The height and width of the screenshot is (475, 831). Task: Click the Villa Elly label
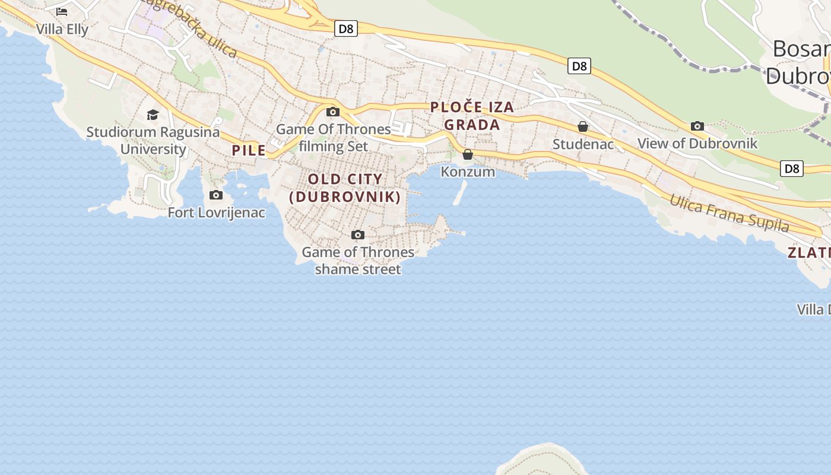click(62, 29)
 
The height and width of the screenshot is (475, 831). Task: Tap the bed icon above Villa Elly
click(62, 11)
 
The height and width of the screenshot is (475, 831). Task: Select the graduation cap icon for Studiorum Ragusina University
click(153, 115)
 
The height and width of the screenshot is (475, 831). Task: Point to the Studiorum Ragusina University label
click(153, 140)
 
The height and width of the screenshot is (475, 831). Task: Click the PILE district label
click(249, 150)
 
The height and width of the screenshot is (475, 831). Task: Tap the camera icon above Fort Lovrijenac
click(216, 195)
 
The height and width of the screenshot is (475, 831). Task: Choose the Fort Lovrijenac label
click(216, 213)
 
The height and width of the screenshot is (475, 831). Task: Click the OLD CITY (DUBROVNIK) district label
click(345, 188)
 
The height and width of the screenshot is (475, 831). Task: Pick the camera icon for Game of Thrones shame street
click(357, 235)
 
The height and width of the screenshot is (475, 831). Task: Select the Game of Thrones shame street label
click(358, 261)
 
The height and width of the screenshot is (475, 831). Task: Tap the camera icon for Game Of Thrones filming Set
click(333, 112)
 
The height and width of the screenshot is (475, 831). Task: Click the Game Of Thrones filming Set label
click(334, 137)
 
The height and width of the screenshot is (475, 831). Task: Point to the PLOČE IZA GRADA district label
click(472, 116)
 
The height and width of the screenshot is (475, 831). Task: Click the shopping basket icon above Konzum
click(468, 154)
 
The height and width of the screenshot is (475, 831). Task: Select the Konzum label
click(468, 172)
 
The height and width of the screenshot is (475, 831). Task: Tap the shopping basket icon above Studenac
click(583, 126)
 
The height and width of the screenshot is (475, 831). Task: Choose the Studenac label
click(583, 144)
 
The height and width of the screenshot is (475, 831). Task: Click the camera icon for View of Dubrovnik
click(697, 126)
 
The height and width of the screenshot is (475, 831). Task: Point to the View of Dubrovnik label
click(697, 143)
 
